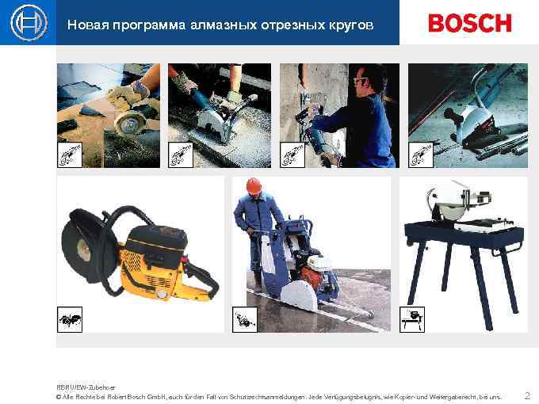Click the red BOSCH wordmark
470,23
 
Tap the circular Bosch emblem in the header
27,23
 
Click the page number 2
527,394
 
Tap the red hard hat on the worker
254,185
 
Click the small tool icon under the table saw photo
412,319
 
